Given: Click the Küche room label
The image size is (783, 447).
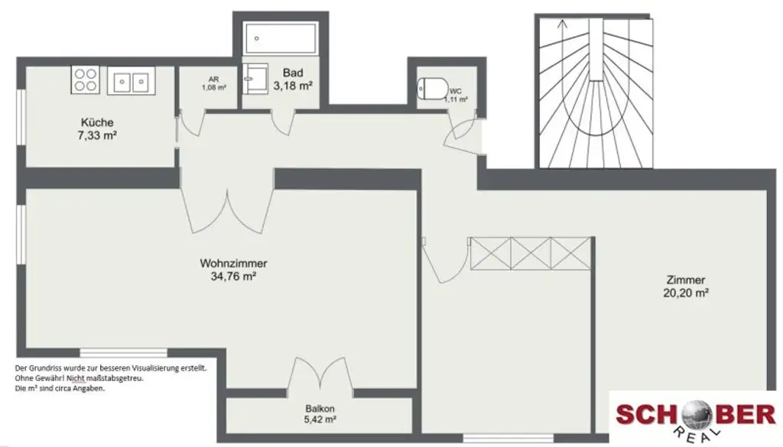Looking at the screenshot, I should point(97,122).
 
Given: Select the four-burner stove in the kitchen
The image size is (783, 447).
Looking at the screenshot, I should point(85,79).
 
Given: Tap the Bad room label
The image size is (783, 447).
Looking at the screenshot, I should point(293,73).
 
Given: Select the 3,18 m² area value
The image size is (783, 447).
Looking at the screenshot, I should point(293,86).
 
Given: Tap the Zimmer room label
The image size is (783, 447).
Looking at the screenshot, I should point(685,280).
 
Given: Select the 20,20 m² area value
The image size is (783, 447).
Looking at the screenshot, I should point(685,292).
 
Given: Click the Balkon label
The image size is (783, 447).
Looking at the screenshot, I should point(320,408).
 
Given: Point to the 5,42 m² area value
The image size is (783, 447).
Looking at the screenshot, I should point(320,419).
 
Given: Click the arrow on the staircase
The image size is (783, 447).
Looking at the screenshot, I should point(563,24).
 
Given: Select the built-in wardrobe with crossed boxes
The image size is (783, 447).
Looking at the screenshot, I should point(531,251).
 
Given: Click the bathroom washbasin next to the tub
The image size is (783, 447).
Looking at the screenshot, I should point(254,77).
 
